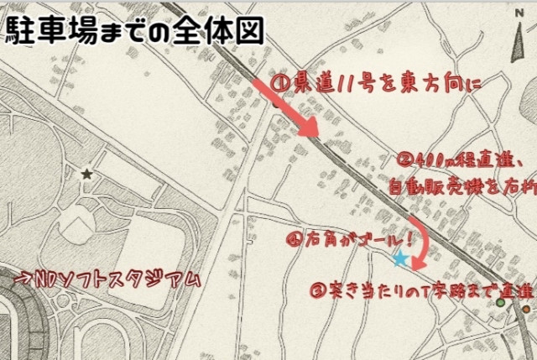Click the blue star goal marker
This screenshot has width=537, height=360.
tap(401, 260)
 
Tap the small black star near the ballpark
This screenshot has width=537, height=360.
tap(86, 175)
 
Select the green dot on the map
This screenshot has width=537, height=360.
tap(502, 302)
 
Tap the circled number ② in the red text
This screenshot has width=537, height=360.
tap(404, 159)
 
